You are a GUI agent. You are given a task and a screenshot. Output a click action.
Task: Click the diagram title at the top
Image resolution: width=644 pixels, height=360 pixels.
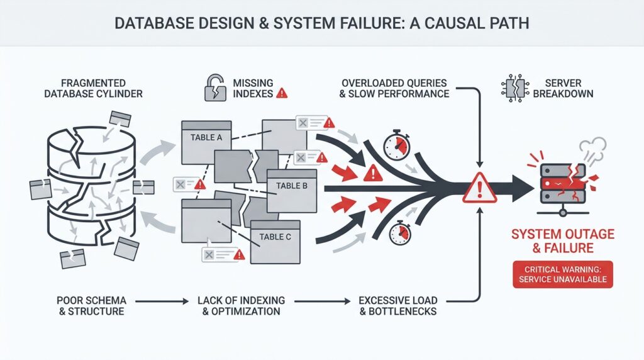[x=321, y=23]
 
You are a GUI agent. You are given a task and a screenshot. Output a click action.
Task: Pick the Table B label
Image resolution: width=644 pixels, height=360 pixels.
[x=291, y=186]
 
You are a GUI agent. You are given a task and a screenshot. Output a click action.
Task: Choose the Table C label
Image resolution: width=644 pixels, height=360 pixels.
[x=275, y=237]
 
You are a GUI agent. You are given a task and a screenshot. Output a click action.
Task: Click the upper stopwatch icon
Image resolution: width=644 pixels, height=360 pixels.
[x=397, y=145]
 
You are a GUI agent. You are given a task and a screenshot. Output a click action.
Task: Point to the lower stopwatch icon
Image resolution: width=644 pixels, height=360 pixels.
[x=400, y=233]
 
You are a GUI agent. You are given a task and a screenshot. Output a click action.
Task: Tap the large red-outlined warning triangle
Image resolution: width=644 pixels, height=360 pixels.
[x=479, y=188]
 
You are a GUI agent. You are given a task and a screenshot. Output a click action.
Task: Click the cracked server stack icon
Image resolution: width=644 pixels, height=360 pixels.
[x=562, y=183]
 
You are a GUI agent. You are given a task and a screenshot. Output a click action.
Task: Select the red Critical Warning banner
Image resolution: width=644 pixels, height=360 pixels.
[x=563, y=274]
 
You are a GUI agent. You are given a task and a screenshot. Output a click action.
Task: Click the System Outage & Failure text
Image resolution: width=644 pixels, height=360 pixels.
[x=563, y=241]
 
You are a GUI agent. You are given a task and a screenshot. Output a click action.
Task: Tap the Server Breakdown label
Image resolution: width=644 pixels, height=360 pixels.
[x=563, y=88]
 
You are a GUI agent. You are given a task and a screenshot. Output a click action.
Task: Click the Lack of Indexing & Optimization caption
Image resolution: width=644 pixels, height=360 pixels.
[x=241, y=305]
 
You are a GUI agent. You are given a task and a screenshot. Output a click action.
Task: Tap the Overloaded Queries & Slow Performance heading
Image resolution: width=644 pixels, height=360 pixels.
[x=395, y=88]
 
